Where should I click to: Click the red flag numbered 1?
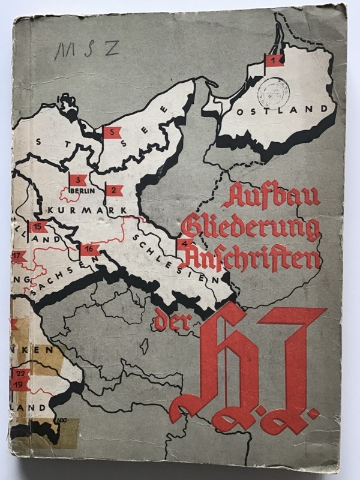point(275,60)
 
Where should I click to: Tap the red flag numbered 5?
point(112,133)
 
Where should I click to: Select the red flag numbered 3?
point(79,180)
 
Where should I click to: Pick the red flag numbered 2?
point(113,190)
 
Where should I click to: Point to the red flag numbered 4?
point(185,244)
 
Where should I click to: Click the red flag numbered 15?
point(38,227)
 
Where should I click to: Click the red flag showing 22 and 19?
point(20,378)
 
